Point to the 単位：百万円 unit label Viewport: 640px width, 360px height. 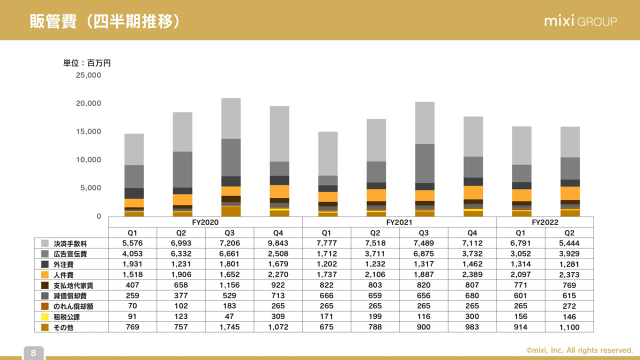87,63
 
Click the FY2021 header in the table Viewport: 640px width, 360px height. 399,222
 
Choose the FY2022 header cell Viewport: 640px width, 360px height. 545,222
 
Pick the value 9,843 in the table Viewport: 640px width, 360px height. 278,243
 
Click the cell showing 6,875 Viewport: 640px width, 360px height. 423,254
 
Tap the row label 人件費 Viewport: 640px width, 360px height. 63,275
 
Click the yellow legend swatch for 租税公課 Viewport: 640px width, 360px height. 44,317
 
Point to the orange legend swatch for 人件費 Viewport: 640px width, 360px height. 44,275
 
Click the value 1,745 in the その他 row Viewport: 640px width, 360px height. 229,327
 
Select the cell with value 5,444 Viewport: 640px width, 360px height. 569,243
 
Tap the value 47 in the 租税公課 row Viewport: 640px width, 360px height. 229,317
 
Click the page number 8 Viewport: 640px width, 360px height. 33,353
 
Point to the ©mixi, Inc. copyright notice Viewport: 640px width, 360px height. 579,350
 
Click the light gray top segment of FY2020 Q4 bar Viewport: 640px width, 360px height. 279,133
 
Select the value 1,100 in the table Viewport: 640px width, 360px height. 569,327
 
